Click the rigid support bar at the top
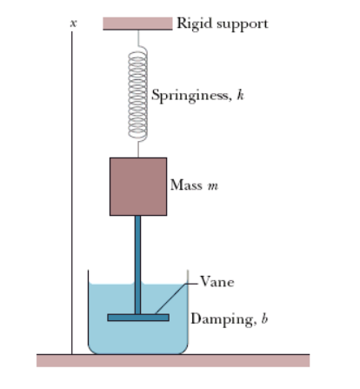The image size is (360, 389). (x=137, y=23)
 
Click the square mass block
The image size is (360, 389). (x=137, y=186)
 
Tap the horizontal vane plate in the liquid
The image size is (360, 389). (x=137, y=317)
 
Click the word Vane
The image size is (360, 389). (x=216, y=281)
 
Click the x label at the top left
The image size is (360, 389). (x=73, y=25)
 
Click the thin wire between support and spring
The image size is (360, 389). (x=137, y=40)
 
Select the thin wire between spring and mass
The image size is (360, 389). (x=137, y=148)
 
